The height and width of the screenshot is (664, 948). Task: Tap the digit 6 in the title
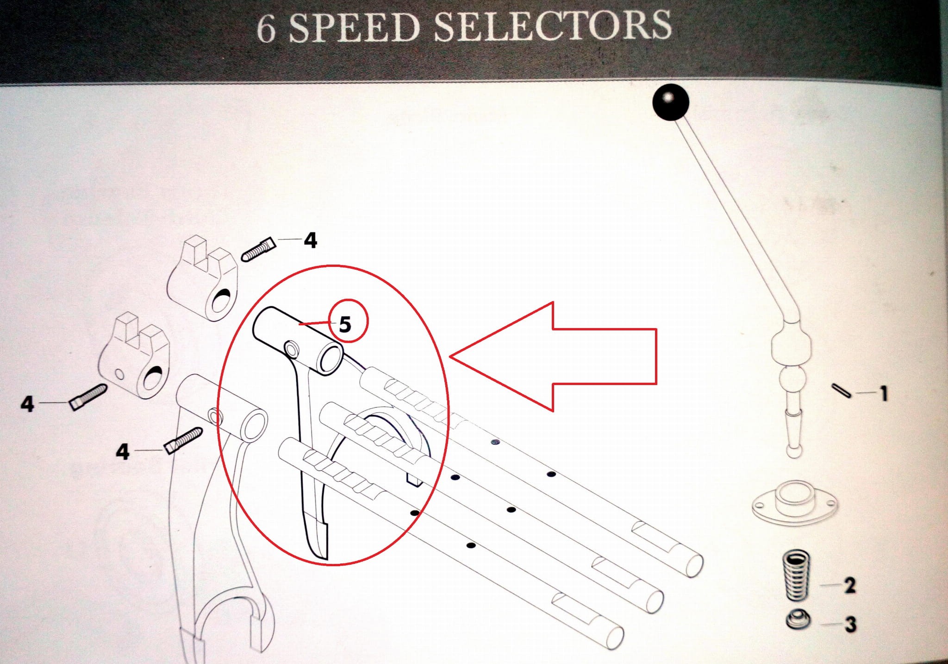[267, 29]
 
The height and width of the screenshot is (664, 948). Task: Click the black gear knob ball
[671, 102]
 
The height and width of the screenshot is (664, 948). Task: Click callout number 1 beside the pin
[884, 393]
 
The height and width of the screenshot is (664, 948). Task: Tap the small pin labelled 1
[841, 390]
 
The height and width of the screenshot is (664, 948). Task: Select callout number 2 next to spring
[850, 586]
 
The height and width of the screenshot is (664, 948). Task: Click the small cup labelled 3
[798, 620]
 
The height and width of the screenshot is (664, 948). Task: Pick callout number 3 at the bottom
[850, 624]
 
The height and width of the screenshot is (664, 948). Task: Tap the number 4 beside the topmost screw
[310, 240]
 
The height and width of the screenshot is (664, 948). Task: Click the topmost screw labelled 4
[259, 250]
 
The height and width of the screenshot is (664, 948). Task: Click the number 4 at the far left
[27, 404]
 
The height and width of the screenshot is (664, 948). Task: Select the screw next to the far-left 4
[88, 397]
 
